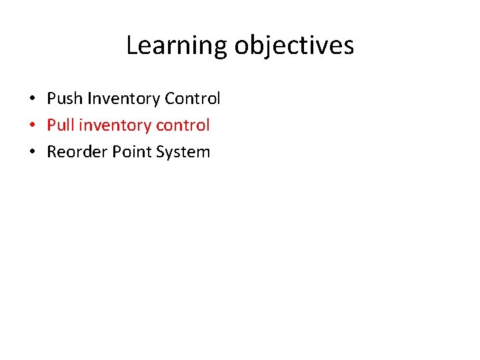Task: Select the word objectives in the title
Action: (x=294, y=45)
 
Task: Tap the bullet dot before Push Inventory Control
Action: (x=32, y=99)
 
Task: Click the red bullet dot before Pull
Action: (x=32, y=125)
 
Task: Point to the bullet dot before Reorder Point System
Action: (x=32, y=152)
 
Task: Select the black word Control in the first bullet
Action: (x=192, y=99)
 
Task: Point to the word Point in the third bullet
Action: (x=131, y=152)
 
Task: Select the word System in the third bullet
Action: (x=183, y=152)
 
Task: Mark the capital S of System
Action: (x=160, y=152)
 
